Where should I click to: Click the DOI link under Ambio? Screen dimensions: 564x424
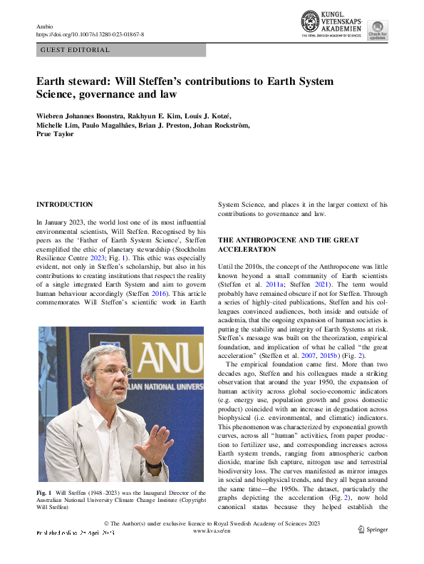pos(90,34)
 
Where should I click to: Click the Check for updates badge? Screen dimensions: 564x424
pos(378,30)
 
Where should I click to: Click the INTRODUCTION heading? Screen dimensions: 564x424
pos(64,205)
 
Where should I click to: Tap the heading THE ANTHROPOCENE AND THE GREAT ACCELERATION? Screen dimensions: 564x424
pos(288,245)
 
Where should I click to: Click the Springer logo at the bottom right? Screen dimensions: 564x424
pos(373,549)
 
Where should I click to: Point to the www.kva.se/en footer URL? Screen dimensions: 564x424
pos(212,551)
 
